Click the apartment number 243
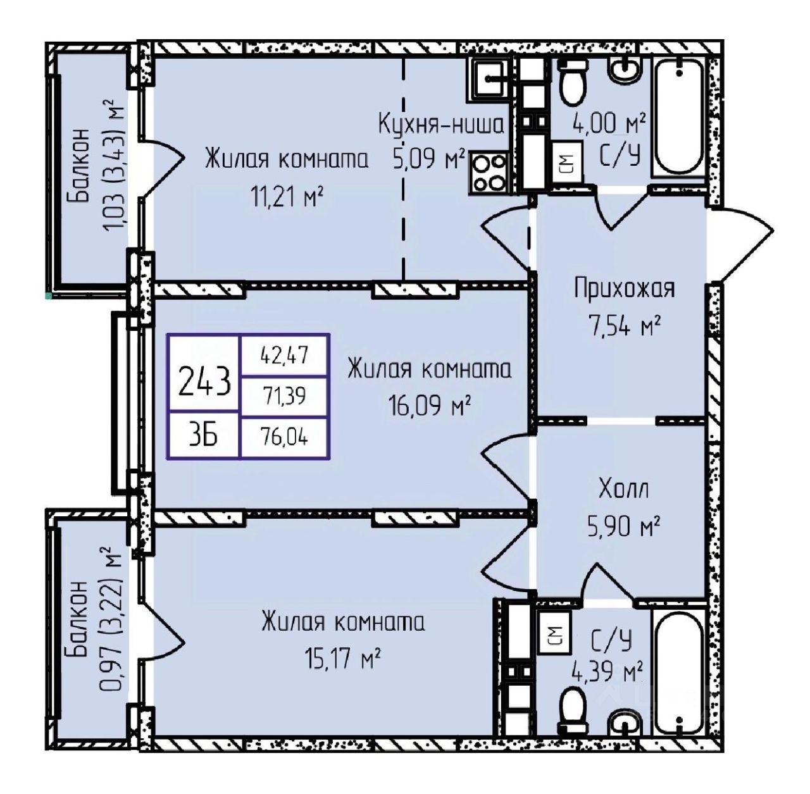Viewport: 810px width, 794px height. pyautogui.click(x=204, y=382)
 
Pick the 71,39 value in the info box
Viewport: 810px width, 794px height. pyautogui.click(x=285, y=396)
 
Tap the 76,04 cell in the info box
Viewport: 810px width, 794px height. pyautogui.click(x=285, y=437)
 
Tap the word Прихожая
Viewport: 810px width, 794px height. pyautogui.click(x=624, y=288)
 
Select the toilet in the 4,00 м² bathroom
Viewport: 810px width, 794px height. pyautogui.click(x=573, y=82)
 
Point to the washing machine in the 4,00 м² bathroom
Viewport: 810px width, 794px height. pyautogui.click(x=566, y=161)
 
